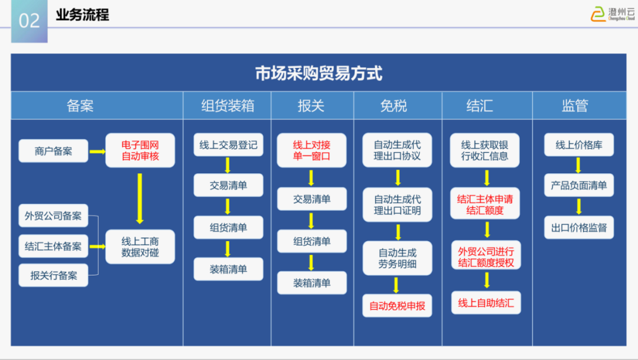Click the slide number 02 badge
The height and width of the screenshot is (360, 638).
click(x=29, y=21)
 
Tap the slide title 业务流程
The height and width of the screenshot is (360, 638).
click(x=83, y=15)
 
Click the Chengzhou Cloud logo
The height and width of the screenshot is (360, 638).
click(x=612, y=14)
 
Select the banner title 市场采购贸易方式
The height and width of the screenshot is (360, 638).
click(x=318, y=73)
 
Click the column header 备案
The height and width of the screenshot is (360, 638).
click(x=80, y=106)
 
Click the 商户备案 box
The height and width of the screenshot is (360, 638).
click(x=53, y=151)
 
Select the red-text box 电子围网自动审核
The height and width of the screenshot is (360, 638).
click(x=140, y=150)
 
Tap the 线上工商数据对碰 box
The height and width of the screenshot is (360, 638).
click(x=140, y=247)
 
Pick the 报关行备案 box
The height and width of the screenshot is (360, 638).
click(x=53, y=275)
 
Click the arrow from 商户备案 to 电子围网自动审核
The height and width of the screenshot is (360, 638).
click(x=97, y=151)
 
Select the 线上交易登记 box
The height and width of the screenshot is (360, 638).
click(x=228, y=145)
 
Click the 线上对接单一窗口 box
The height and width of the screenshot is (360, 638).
click(x=311, y=150)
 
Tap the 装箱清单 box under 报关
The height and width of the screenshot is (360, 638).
click(x=311, y=283)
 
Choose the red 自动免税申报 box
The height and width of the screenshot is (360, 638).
click(x=397, y=306)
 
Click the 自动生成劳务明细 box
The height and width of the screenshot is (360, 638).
click(x=397, y=258)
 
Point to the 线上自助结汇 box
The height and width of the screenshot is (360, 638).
click(x=486, y=303)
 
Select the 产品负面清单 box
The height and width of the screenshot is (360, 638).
click(x=578, y=186)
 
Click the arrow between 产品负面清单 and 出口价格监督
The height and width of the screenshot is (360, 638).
click(x=578, y=206)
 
